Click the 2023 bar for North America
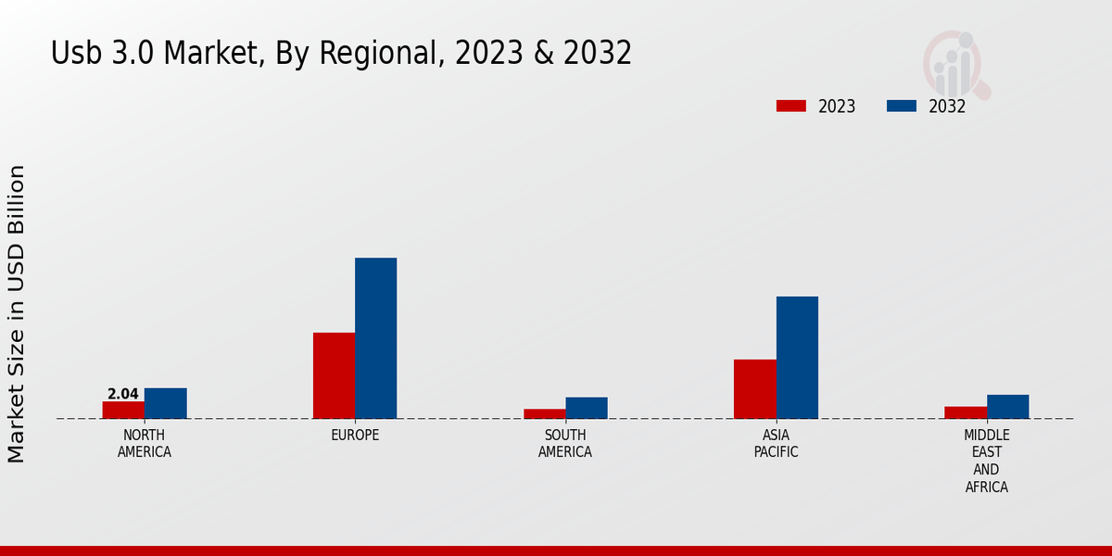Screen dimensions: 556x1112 tap(123, 410)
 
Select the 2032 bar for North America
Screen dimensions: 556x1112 tap(165, 403)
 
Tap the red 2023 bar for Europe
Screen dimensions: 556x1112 tap(334, 375)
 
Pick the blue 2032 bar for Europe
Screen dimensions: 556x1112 tap(375, 338)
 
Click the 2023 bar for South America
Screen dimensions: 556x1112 tap(544, 413)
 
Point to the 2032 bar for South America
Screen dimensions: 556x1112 tap(587, 408)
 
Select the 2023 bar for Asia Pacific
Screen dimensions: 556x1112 tap(754, 389)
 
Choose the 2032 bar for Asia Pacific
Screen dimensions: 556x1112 tap(797, 358)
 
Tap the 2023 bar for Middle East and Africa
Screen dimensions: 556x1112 tap(966, 412)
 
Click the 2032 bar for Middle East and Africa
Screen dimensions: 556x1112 tap(1007, 407)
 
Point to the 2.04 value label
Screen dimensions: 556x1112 tap(123, 394)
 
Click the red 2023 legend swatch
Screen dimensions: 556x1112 tap(790, 106)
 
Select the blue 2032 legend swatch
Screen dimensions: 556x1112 tap(901, 106)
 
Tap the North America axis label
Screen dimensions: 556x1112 tap(145, 444)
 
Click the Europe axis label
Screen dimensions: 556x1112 tap(355, 436)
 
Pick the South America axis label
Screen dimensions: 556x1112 tap(565, 444)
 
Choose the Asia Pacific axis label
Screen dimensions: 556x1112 tap(776, 444)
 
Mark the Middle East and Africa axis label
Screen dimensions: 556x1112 tap(986, 461)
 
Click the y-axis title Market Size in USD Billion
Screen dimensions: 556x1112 tap(17, 314)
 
